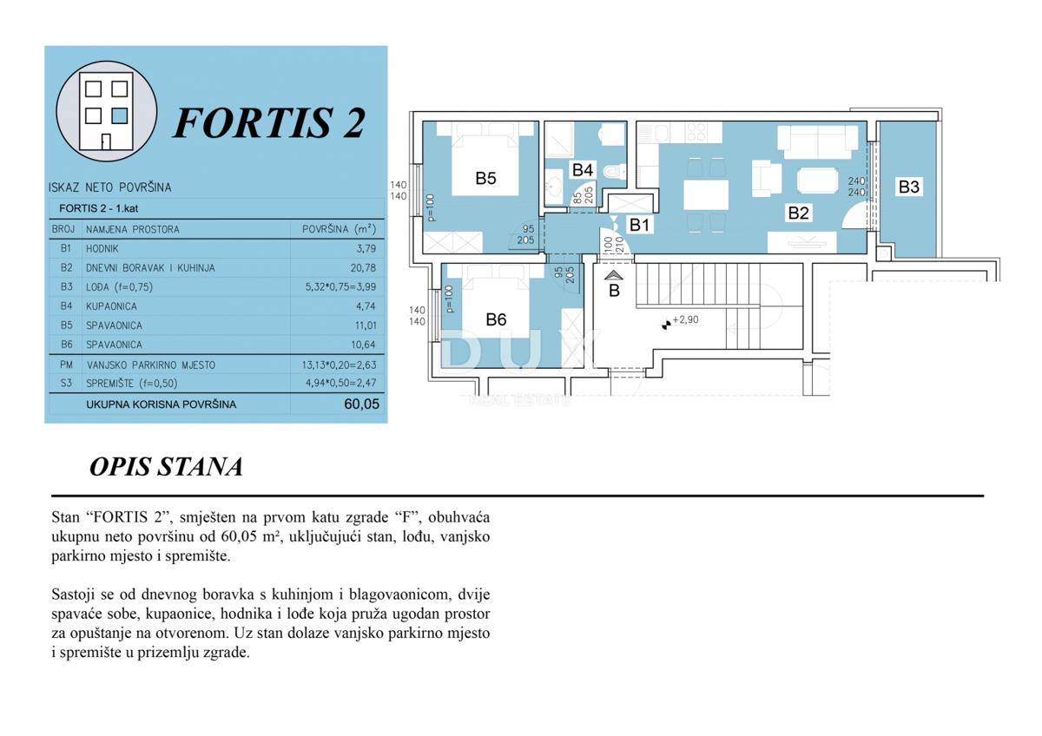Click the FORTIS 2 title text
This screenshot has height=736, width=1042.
tap(269, 122)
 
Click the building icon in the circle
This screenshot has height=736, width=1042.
tap(106, 113)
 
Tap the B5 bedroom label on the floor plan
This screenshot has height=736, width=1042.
tap(485, 179)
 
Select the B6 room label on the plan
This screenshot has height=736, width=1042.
tap(496, 319)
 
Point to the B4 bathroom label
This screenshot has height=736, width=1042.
tap(582, 170)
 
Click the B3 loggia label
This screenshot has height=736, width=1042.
tap(909, 187)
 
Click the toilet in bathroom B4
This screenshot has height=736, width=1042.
tap(615, 172)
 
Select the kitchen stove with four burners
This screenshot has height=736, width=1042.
tap(697, 133)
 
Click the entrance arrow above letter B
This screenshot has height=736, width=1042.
tap(614, 275)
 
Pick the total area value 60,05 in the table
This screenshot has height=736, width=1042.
tap(361, 404)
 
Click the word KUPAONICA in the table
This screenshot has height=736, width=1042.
tap(111, 306)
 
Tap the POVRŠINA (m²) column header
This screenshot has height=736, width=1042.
tap(339, 230)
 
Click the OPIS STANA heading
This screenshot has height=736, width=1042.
tap(166, 467)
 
